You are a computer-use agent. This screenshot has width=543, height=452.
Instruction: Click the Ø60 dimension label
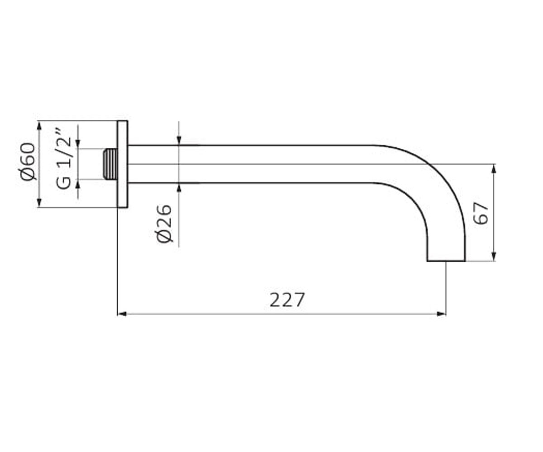click(x=27, y=161)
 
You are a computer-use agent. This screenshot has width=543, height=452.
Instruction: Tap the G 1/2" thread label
click(x=63, y=159)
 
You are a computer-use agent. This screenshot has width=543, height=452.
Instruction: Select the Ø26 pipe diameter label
click(x=164, y=224)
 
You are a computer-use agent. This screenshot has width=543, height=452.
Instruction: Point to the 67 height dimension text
click(x=481, y=213)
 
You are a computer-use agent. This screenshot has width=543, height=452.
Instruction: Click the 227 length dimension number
click(x=287, y=300)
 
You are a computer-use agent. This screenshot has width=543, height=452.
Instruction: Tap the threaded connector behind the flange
click(x=110, y=164)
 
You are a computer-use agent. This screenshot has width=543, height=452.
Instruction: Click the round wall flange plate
click(x=122, y=164)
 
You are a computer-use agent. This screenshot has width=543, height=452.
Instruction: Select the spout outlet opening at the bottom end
click(x=446, y=261)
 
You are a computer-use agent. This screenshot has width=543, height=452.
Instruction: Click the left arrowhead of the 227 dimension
click(x=122, y=314)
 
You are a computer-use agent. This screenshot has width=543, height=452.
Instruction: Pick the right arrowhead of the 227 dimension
click(x=442, y=314)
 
